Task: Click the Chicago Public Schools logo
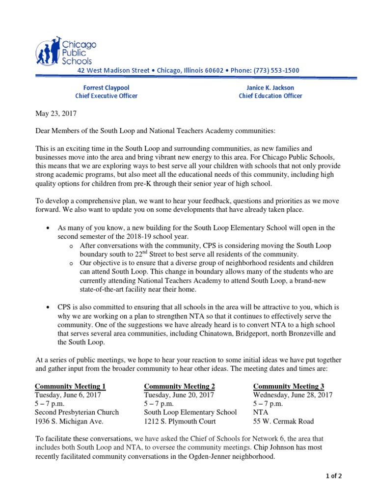coord(65,52)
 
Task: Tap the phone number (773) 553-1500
coord(272,70)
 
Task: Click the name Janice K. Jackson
coord(270,87)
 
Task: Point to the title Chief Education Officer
coord(270,96)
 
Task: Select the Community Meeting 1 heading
coord(70,386)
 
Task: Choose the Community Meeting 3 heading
coord(289,386)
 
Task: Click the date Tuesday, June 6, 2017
coord(69,395)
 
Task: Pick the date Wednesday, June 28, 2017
coord(293,395)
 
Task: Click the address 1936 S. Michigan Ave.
coord(69,421)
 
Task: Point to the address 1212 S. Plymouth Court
coord(184,421)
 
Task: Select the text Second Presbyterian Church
coord(77,413)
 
